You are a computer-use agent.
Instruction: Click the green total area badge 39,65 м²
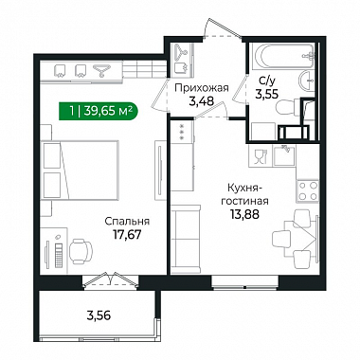(99, 111)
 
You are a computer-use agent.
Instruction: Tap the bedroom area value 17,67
(127, 234)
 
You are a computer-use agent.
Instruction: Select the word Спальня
(127, 222)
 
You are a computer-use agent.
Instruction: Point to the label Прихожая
(202, 87)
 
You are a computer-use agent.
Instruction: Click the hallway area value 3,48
(201, 101)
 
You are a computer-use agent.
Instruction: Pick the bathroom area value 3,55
(267, 94)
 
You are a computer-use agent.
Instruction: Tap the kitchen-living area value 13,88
(244, 214)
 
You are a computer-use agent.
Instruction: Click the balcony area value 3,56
(99, 315)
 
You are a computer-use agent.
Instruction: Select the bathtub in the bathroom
(282, 56)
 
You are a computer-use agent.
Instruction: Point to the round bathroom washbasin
(307, 81)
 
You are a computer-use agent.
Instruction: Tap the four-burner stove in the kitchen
(308, 190)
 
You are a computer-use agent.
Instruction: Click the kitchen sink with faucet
(285, 155)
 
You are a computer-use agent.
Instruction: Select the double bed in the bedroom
(81, 171)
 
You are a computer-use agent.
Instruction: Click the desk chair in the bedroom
(81, 251)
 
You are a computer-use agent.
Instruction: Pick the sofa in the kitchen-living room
(186, 239)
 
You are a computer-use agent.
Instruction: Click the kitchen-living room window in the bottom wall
(245, 282)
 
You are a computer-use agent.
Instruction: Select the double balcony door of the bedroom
(110, 279)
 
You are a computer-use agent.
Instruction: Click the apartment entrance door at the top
(222, 29)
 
